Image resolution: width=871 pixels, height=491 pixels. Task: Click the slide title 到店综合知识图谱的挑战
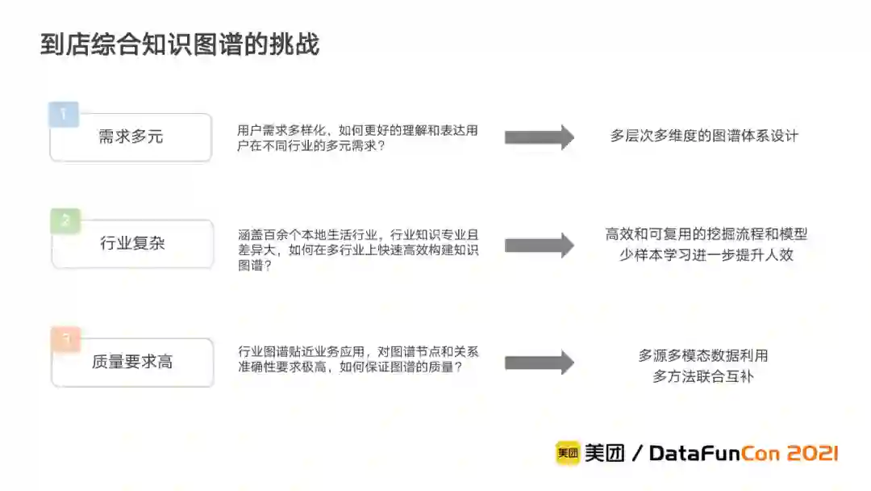(180, 44)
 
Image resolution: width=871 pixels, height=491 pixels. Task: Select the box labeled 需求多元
(131, 137)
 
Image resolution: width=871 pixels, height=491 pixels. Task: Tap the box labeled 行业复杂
(132, 243)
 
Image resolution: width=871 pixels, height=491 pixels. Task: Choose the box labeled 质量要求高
(132, 362)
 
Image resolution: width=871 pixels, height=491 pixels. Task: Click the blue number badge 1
(64, 113)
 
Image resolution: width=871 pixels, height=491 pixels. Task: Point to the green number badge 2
(65, 220)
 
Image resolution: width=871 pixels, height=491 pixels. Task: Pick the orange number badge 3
(65, 339)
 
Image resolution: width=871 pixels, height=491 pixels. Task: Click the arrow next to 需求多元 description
(539, 137)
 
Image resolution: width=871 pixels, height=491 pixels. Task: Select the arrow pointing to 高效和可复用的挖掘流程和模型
(539, 245)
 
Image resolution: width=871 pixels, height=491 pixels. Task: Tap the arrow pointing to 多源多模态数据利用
(539, 363)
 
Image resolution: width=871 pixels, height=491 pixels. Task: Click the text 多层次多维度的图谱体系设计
(704, 136)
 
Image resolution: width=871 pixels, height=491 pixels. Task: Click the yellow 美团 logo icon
(567, 453)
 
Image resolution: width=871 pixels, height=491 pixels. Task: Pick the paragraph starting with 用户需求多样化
(357, 137)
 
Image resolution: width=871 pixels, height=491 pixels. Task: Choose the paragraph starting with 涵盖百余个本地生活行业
(358, 250)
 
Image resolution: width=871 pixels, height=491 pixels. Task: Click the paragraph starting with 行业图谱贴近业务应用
(358, 359)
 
